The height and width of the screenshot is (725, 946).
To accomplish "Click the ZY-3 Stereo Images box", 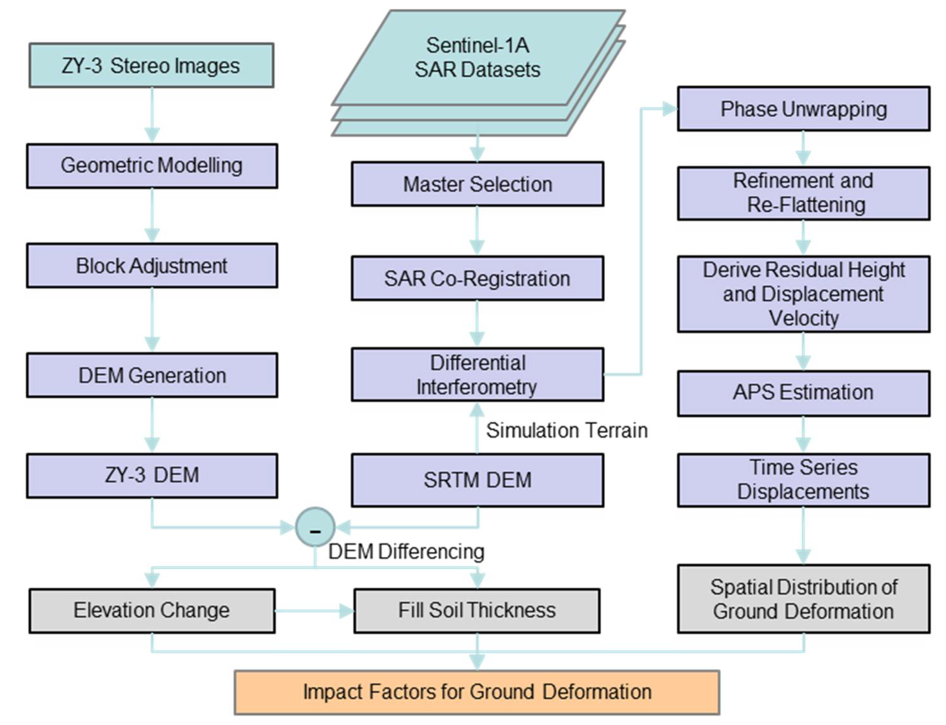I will [151, 65].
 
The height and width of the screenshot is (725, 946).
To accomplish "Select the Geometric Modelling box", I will [152, 166].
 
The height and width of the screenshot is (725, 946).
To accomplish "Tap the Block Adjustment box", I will [152, 265].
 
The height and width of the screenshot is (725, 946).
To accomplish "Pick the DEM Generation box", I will [152, 375].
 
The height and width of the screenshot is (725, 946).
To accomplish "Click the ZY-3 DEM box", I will [152, 475].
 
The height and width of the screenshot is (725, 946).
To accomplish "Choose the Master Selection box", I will [477, 184].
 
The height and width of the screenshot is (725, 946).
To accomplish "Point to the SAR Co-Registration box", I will [477, 278].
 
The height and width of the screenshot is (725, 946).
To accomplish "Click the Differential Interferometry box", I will [477, 375].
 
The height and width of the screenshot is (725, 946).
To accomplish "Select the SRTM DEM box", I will [477, 480].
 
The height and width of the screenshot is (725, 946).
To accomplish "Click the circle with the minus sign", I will [315, 527].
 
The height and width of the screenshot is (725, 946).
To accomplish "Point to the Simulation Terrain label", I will [567, 430].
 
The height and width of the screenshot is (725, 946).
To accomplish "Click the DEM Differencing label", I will [406, 551].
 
